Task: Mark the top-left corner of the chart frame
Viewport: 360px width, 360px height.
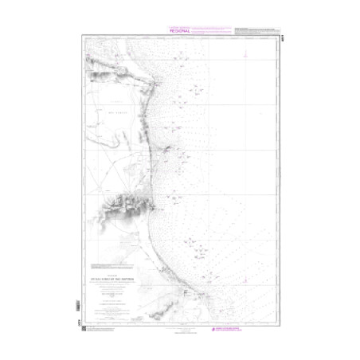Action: click(81, 36)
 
